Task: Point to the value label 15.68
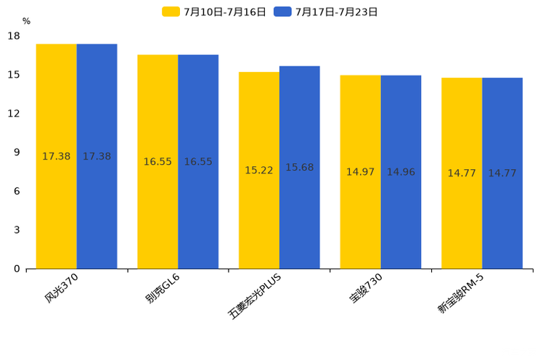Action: (x=300, y=168)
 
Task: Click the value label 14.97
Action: (x=360, y=172)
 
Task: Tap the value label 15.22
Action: (x=259, y=171)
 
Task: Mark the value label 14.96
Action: (x=401, y=172)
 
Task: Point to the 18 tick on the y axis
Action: (x=14, y=36)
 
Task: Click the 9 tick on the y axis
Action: (x=17, y=152)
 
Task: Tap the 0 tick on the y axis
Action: (x=17, y=269)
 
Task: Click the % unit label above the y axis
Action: (x=26, y=22)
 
